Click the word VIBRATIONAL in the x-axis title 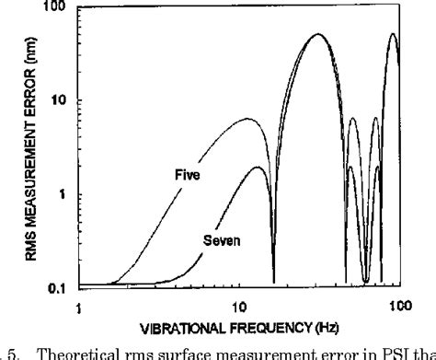[x=180, y=328]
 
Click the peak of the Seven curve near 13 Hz [x=260, y=168]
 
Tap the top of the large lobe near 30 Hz [x=318, y=35]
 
